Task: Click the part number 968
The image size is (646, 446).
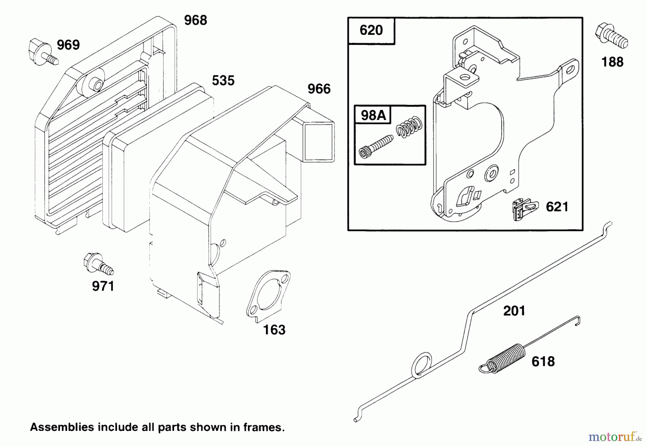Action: [196, 20]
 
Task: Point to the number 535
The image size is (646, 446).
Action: [223, 80]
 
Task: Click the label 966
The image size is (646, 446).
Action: [319, 89]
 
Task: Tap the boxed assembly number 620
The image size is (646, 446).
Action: [371, 30]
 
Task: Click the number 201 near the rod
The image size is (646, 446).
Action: [514, 311]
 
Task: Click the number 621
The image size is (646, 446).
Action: [557, 207]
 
